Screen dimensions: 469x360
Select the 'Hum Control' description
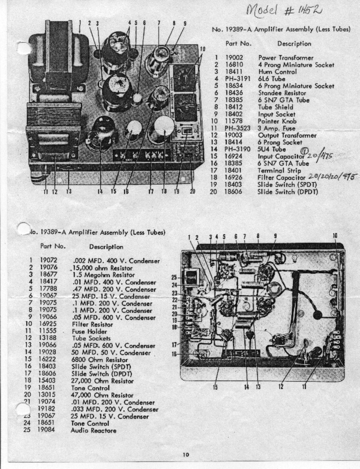pyautogui.click(x=277, y=72)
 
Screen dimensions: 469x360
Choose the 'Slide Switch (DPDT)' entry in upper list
pyautogui.click(x=287, y=192)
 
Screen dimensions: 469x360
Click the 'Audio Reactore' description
pyautogui.click(x=94, y=431)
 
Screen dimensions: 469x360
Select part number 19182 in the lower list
pyautogui.click(x=47, y=410)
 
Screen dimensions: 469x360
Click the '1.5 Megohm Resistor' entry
pyautogui.click(x=103, y=275)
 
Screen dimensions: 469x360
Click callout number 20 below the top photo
pyautogui.click(x=192, y=192)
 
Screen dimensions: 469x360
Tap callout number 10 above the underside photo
pyautogui.click(x=335, y=235)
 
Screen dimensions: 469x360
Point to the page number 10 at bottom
pyautogui.click(x=186, y=454)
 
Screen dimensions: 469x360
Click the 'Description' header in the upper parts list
pyautogui.click(x=294, y=44)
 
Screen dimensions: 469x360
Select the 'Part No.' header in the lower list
pyautogui.click(x=53, y=246)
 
